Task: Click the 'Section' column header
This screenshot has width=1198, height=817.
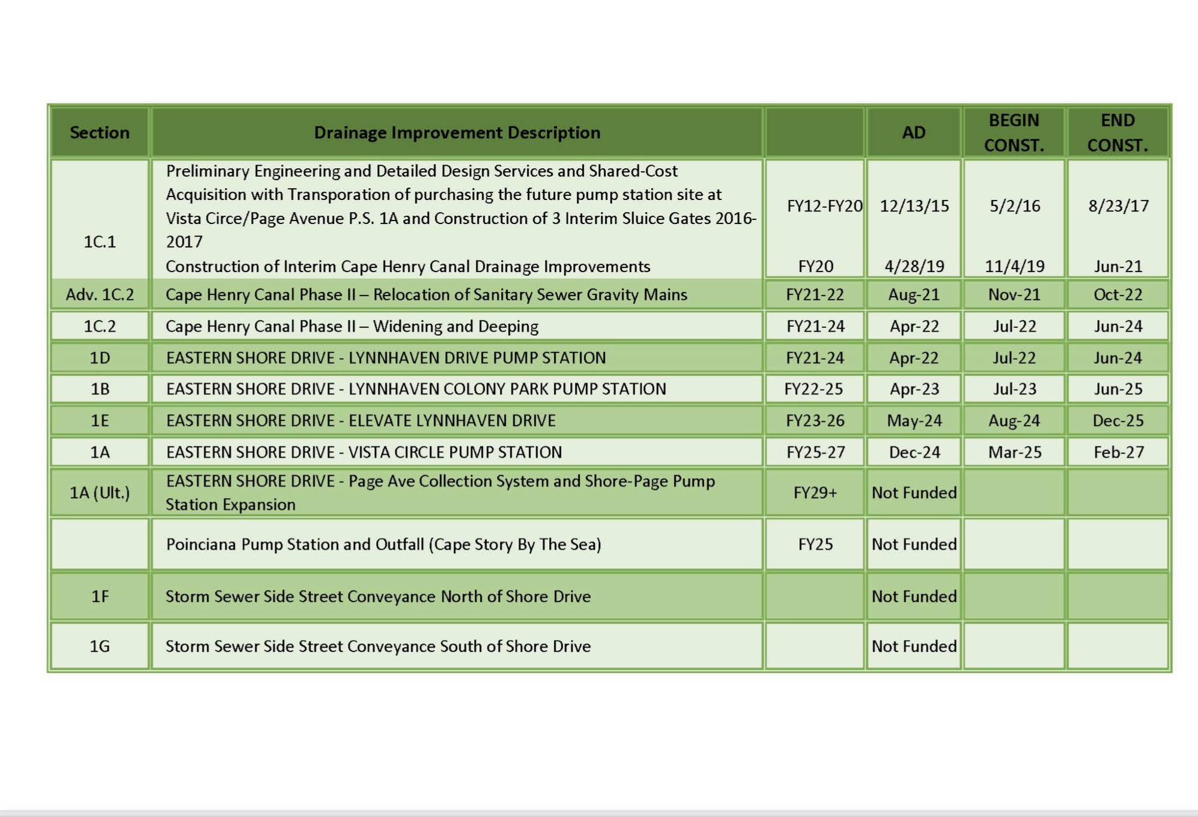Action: pos(100,132)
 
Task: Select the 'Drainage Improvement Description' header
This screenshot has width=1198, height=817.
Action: pos(457,132)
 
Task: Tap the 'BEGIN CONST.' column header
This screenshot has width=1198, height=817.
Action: pos(1014,132)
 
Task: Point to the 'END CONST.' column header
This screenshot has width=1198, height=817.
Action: pos(1117,132)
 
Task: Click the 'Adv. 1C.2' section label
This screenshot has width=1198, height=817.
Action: pos(100,294)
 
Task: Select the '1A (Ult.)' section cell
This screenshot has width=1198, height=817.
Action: pos(100,493)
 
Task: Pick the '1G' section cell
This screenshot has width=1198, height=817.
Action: pos(100,646)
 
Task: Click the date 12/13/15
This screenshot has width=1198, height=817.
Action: pos(914,206)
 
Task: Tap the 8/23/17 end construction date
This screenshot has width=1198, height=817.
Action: pos(1118,206)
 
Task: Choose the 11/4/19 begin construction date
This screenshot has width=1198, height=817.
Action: pos(1014,266)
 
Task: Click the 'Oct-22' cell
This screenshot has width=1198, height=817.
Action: pos(1117,294)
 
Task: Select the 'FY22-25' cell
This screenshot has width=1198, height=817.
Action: pos(814,389)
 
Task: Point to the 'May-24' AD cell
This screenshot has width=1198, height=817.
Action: pos(914,421)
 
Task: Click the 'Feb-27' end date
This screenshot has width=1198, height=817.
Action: pos(1118,452)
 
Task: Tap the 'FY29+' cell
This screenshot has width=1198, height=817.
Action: pos(815,493)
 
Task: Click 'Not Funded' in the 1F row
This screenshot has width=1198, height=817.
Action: pos(914,596)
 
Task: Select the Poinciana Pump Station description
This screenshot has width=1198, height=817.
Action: pos(383,544)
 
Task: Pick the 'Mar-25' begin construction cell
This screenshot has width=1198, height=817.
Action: pos(1014,452)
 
